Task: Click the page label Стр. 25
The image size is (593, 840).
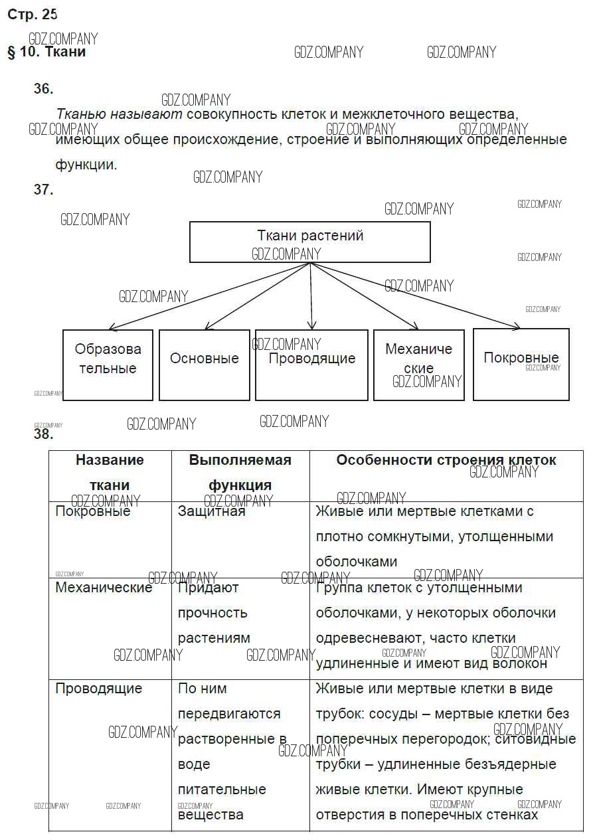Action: pyautogui.click(x=33, y=15)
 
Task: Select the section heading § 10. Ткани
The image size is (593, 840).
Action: pyautogui.click(x=46, y=52)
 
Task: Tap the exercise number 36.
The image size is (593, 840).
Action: pyautogui.click(x=43, y=89)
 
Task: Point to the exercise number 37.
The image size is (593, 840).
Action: pyautogui.click(x=43, y=190)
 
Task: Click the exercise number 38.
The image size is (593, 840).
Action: pyautogui.click(x=43, y=435)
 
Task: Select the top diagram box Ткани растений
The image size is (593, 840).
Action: pyautogui.click(x=310, y=242)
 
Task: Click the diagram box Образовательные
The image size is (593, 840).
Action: pyautogui.click(x=108, y=365)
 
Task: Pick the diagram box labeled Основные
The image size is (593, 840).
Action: pyautogui.click(x=205, y=365)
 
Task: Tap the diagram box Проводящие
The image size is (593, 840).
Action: pyautogui.click(x=311, y=365)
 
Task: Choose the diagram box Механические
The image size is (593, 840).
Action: pyautogui.click(x=418, y=365)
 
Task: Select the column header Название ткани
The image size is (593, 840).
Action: pyautogui.click(x=110, y=472)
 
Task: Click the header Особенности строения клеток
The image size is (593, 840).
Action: pyautogui.click(x=446, y=460)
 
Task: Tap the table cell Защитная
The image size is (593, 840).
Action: pyautogui.click(x=211, y=511)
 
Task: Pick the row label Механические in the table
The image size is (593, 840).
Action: pyautogui.click(x=104, y=588)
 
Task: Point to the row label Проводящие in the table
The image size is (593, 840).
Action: pyautogui.click(x=98, y=689)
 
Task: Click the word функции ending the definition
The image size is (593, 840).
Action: pyautogui.click(x=86, y=165)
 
